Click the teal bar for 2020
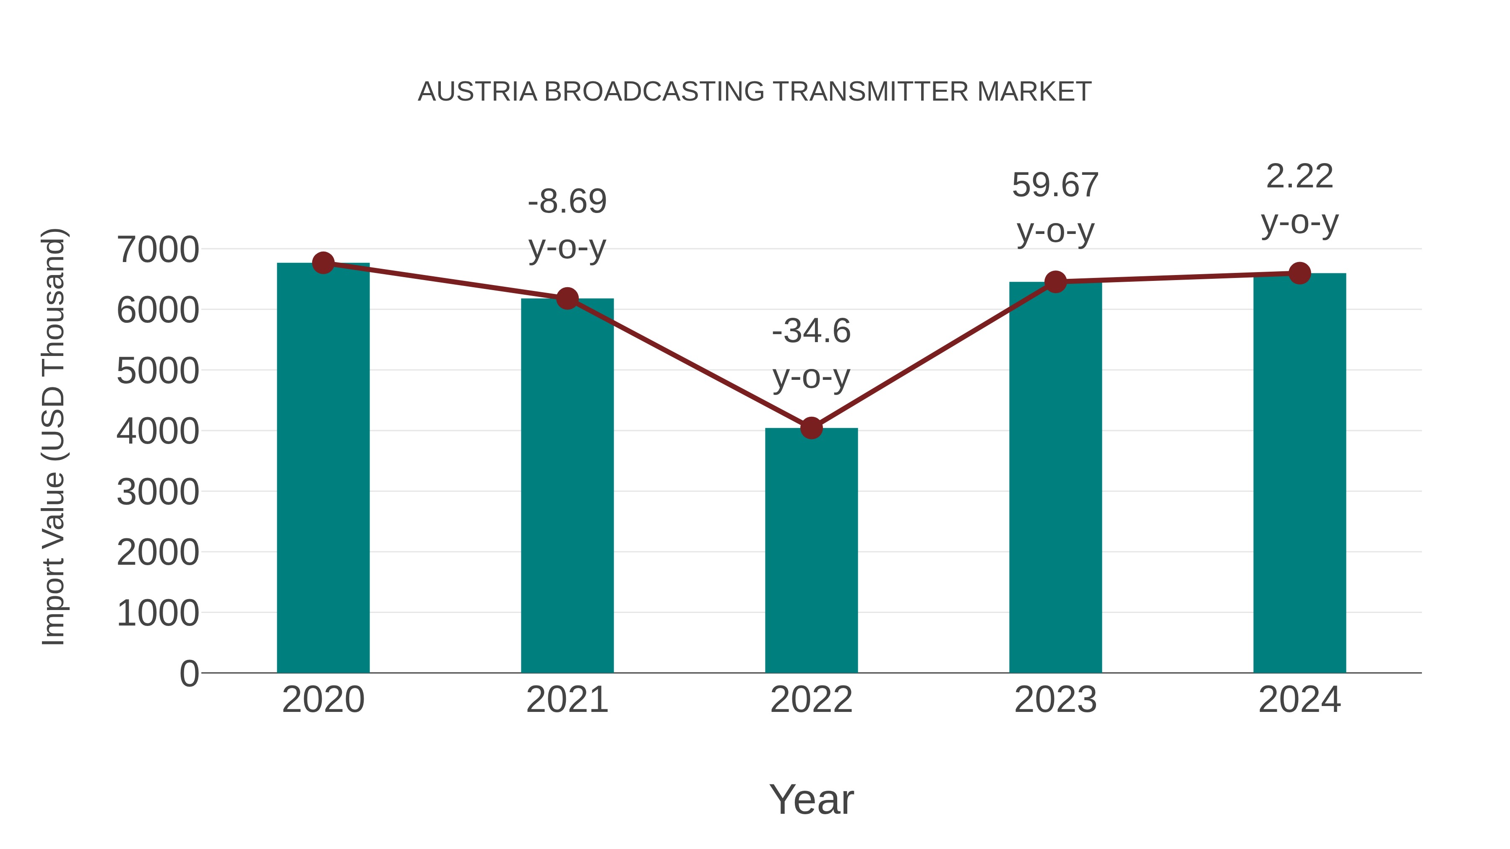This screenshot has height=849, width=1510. point(323,469)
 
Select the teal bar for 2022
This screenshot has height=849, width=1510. point(811,551)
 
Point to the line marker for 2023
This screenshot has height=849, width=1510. point(1055,282)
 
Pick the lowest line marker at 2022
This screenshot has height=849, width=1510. point(811,428)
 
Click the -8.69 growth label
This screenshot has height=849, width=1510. point(567,202)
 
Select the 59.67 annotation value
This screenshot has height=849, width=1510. point(1055,185)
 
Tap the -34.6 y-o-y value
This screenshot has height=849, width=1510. point(811,331)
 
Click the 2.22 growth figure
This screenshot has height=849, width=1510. point(1299,177)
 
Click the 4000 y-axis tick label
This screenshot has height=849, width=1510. point(158,431)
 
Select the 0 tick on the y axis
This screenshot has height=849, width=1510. point(189,673)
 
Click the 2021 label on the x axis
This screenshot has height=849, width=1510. point(567,700)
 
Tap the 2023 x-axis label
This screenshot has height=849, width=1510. point(1055,700)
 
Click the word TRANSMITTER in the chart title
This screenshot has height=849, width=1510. point(870,92)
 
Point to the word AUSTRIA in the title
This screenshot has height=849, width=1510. point(477,92)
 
